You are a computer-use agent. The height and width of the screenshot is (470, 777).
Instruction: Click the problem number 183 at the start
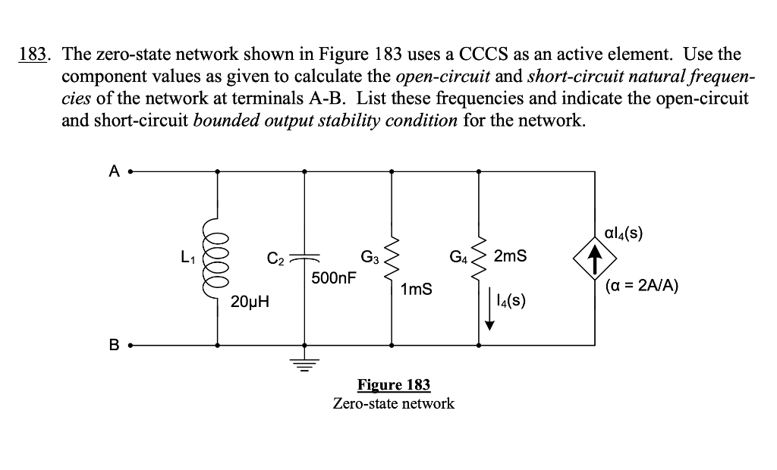33,55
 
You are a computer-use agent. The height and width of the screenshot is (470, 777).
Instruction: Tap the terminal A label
114,172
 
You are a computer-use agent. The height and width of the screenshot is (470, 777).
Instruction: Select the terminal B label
114,346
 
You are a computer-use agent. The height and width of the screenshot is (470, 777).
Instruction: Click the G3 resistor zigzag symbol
392,258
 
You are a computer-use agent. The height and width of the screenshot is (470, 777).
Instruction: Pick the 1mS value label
417,289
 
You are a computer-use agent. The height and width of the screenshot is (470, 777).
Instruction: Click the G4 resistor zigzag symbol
478,258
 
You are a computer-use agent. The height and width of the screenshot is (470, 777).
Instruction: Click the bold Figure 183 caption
393,384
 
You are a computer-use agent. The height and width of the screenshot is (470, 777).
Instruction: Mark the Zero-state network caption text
393,403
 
